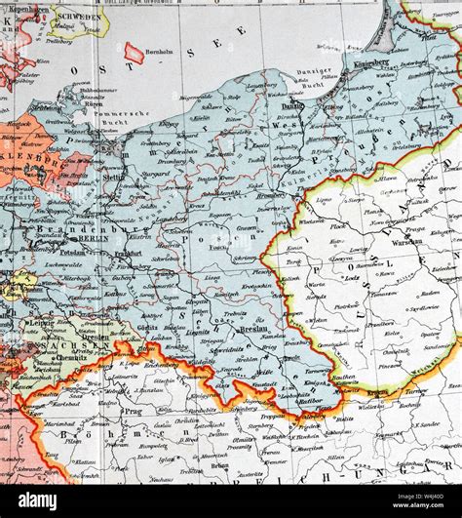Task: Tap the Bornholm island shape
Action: click(134, 54)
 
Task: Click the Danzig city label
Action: click(293, 105)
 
